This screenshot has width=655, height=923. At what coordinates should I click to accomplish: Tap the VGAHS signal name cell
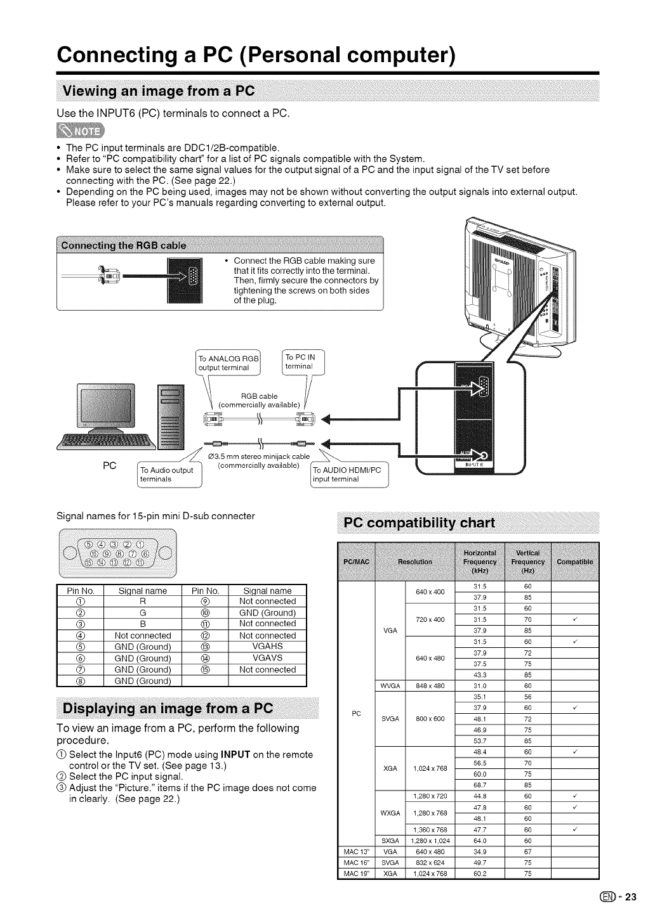point(267,647)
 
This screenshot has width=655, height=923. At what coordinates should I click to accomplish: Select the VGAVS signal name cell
point(267,658)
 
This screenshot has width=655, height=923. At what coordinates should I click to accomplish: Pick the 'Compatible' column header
point(574,562)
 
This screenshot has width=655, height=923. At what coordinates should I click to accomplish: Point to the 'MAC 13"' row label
point(357,852)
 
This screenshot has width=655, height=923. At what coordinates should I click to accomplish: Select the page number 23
point(630,897)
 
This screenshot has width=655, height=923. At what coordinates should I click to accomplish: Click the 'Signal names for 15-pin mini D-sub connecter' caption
point(156,515)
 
